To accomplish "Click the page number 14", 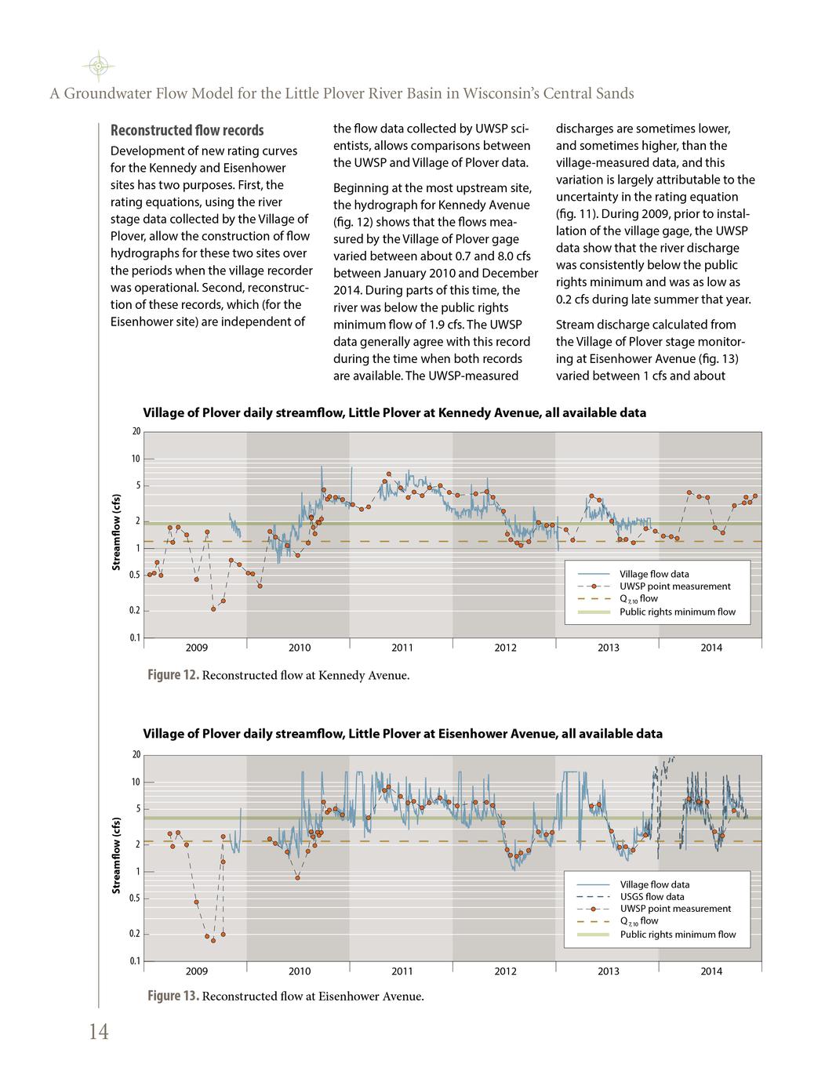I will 98,1032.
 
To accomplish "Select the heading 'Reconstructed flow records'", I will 187,130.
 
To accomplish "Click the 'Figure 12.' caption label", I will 173,675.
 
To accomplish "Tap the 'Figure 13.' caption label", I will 173,997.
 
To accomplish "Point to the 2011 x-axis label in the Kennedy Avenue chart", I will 402,648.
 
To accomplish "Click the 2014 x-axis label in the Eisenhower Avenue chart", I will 711,971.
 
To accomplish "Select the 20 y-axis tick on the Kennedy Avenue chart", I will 136,431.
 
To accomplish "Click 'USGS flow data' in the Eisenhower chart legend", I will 652,897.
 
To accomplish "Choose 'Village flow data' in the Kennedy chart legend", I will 654,574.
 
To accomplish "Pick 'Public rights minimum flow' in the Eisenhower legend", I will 678,934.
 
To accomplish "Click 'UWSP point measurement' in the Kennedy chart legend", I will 674,586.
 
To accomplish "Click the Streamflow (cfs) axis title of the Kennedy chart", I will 115,533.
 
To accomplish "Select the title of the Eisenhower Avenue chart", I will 402,734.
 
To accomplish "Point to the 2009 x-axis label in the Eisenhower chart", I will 196,971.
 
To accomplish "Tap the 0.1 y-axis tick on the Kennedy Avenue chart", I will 135,637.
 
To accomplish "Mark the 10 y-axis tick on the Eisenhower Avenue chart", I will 136,782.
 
